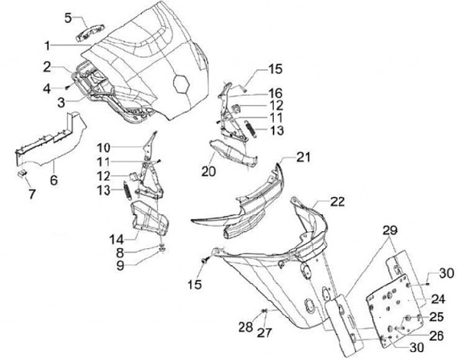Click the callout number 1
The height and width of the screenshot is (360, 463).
click(48, 46)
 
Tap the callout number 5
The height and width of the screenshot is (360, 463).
click(68, 18)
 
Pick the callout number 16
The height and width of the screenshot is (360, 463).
click(275, 93)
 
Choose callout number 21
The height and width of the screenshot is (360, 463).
click(303, 157)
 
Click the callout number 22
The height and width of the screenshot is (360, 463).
click(338, 202)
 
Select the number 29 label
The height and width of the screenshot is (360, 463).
click(390, 230)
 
